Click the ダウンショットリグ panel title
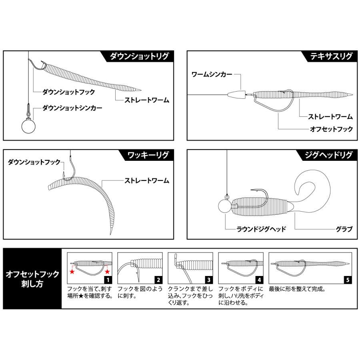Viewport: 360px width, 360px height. pyautogui.click(x=140, y=56)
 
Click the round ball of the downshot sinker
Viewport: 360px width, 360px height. pyautogui.click(x=28, y=127)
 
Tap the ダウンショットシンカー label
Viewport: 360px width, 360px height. pyautogui.click(x=72, y=108)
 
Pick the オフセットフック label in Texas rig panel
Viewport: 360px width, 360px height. pyautogui.click(x=331, y=129)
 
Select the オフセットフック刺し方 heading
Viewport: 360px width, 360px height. pyautogui.click(x=32, y=279)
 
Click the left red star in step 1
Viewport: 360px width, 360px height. pyautogui.click(x=72, y=272)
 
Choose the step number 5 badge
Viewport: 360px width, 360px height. pyautogui.click(x=348, y=280)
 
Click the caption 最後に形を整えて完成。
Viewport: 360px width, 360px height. pyautogui.click(x=298, y=288)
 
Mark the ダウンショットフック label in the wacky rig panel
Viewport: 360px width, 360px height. pyautogui.click(x=34, y=162)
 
